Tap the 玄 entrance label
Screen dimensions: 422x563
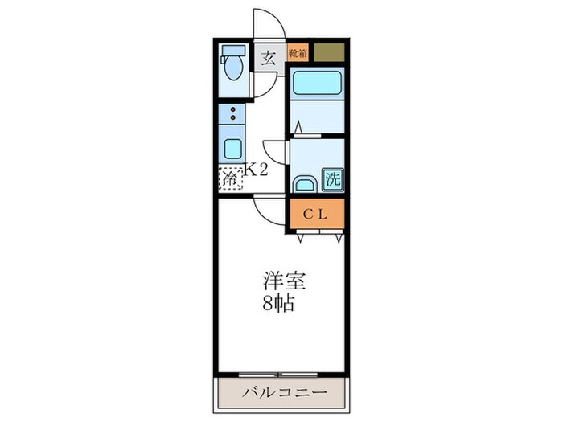pos(266,58)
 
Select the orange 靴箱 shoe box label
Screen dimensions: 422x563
pos(298,53)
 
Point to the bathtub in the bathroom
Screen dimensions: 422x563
pos(315,83)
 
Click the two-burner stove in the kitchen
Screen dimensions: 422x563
pos(232,113)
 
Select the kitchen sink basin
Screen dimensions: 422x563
pos(232,149)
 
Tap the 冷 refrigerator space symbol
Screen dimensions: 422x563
pos(230,178)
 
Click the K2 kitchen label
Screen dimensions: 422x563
pos(256,170)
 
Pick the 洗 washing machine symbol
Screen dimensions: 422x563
pos(332,179)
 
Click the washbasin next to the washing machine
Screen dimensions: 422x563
pos(304,184)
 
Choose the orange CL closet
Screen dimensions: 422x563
pos(317,214)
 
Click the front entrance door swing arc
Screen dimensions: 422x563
pos(266,23)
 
